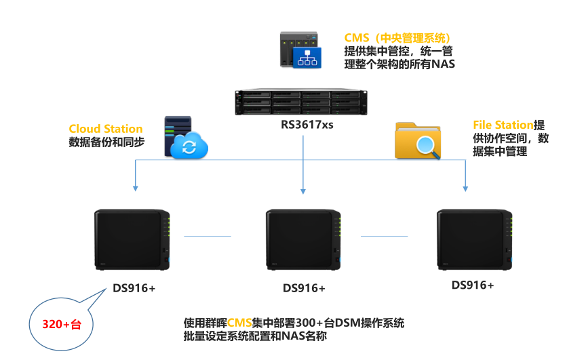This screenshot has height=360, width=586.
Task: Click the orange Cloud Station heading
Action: [106, 129]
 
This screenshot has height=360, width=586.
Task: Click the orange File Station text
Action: [503, 125]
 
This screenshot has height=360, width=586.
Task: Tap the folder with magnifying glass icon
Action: [419, 139]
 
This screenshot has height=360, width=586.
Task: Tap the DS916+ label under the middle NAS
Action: [304, 288]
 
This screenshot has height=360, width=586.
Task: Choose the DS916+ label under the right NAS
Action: [473, 285]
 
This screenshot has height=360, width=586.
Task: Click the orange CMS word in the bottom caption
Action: [239, 322]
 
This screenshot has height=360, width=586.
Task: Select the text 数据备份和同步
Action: [106, 142]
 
